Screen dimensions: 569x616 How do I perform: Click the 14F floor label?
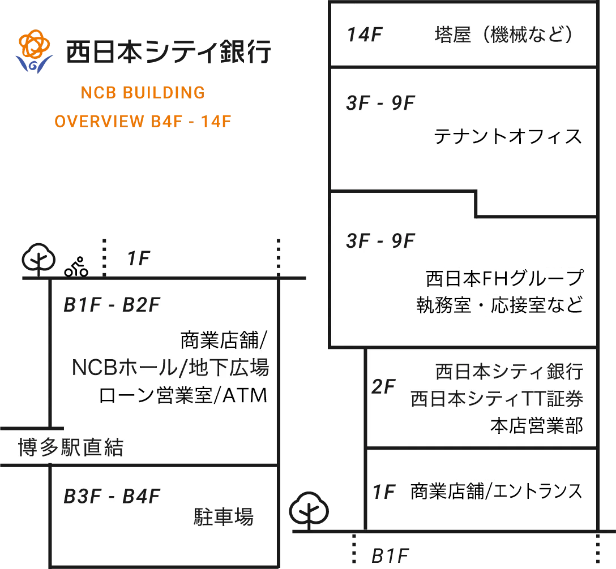point(365,35)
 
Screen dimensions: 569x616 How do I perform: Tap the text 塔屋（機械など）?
point(504,35)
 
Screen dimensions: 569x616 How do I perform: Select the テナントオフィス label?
point(507,136)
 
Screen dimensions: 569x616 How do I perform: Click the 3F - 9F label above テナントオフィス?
point(380,104)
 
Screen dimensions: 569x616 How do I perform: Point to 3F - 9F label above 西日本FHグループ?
point(380,241)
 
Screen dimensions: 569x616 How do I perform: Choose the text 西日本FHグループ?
point(504,278)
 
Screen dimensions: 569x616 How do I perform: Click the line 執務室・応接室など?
point(499,306)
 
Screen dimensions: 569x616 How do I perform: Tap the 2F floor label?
point(383,387)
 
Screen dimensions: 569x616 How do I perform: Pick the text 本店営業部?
point(536,426)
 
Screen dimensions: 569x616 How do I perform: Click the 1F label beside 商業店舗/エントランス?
point(383,492)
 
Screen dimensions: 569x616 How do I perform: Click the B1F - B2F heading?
point(112,305)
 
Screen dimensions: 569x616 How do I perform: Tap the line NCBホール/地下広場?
point(170,368)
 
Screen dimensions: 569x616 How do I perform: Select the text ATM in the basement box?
point(243,395)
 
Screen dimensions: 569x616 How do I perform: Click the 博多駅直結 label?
point(71,448)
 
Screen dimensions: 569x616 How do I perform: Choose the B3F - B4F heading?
point(112,497)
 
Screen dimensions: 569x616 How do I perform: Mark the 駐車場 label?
point(224,516)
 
